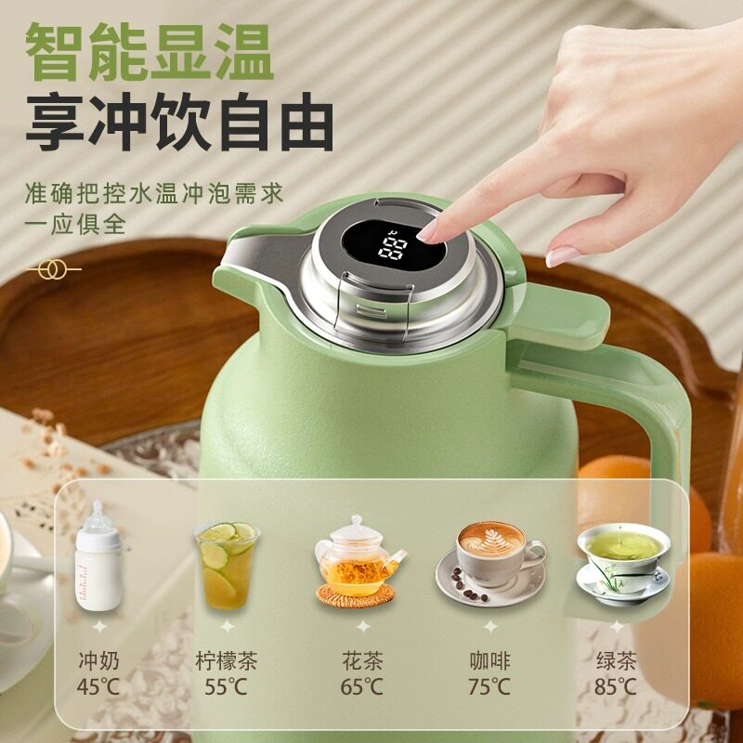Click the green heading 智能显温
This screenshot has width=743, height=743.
[x=150, y=52]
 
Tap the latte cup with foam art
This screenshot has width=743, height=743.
[x=489, y=557]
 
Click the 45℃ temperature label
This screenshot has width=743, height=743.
[x=98, y=688]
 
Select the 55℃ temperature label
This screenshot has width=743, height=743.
[x=226, y=688]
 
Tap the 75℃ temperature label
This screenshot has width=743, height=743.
[x=489, y=688]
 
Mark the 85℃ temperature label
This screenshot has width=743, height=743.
[x=616, y=688]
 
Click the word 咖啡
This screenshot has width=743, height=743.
[x=489, y=661]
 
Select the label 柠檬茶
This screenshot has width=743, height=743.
[x=226, y=661]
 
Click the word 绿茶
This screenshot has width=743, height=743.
[x=616, y=661]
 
